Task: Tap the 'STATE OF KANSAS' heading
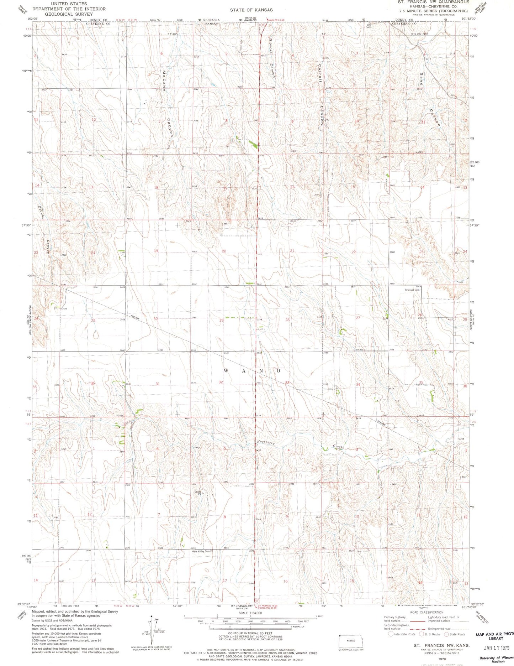pyautogui.click(x=251, y=10)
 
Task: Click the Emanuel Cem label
pyautogui.click(x=413, y=290)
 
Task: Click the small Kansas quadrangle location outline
pyautogui.click(x=351, y=641)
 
